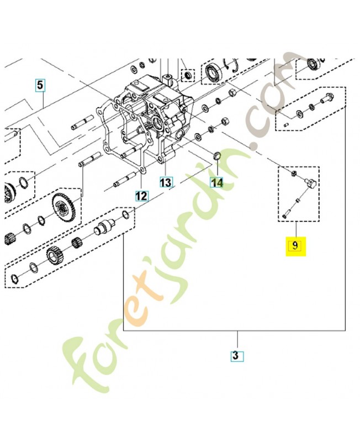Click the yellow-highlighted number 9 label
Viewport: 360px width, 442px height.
pos(295,245)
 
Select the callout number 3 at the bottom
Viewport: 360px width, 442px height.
pos(236,356)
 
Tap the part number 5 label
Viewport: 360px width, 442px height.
pos(40,85)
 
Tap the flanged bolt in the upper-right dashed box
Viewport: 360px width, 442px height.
pos(327,99)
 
